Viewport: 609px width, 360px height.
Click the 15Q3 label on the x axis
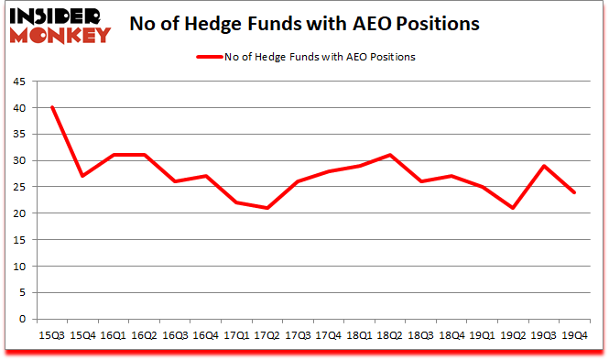point(52,335)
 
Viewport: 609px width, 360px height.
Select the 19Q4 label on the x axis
point(573,335)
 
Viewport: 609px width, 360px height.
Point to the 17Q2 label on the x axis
point(266,335)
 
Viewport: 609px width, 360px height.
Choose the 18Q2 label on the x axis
point(389,335)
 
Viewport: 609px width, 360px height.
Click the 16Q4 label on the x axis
point(205,335)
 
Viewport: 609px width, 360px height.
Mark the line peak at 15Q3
point(52,107)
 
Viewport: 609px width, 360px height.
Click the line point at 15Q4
point(83,176)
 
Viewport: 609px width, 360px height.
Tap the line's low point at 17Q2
point(266,208)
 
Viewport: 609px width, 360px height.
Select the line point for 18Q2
point(389,155)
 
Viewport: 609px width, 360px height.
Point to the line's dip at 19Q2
point(512,208)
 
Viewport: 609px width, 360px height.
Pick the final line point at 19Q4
point(573,192)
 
